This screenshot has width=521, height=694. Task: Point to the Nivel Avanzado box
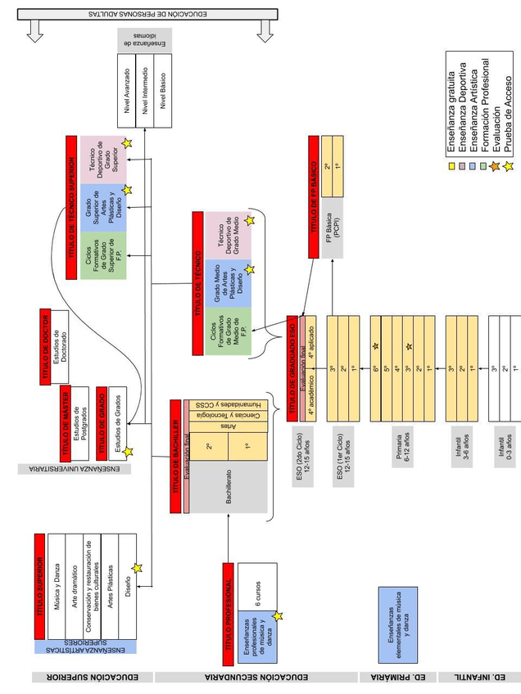[126, 92]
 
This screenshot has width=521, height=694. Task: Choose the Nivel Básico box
[165, 92]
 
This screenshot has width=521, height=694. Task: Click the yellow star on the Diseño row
[137, 568]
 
